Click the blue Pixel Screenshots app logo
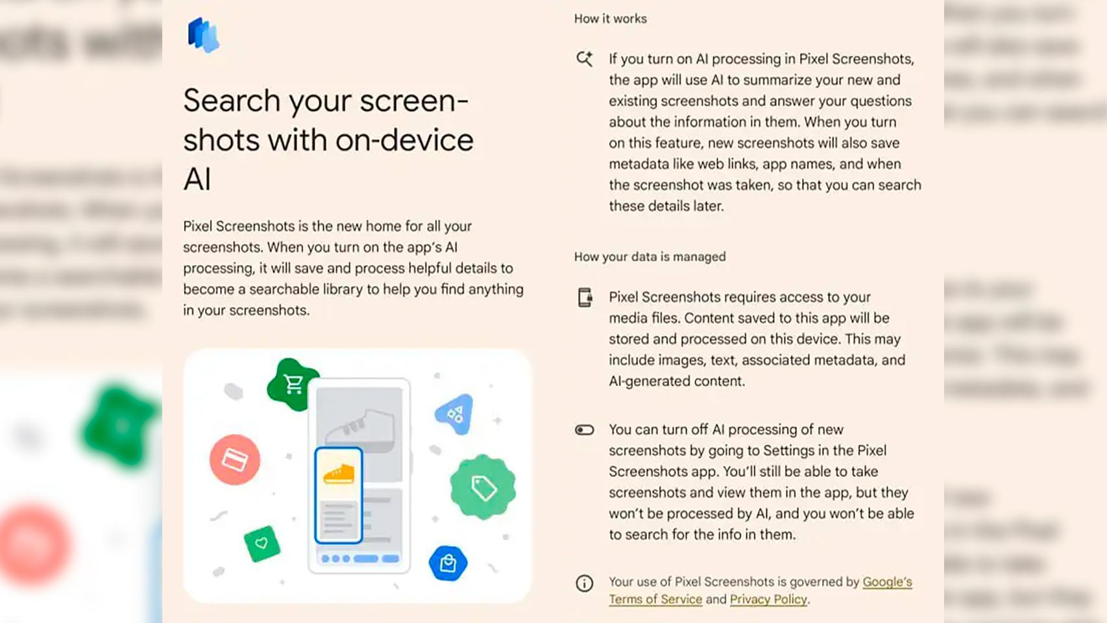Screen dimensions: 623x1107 204,35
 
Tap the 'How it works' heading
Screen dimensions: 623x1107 610,19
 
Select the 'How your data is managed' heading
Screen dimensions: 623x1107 650,257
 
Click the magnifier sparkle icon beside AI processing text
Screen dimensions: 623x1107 585,59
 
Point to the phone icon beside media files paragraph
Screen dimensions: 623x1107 585,297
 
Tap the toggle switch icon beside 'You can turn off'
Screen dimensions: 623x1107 584,430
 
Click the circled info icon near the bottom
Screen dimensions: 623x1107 584,583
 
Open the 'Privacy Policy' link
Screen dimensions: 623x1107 768,600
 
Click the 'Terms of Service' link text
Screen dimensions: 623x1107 655,600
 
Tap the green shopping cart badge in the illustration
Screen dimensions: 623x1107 293,384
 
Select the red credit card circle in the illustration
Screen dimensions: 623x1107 235,460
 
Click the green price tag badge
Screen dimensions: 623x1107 483,487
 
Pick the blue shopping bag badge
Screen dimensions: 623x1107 448,563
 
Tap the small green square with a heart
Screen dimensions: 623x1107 262,543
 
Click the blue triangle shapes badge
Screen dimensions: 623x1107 455,413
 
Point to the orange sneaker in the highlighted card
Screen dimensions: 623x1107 338,474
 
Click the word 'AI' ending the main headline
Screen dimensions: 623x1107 197,180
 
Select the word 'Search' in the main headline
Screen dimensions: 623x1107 232,101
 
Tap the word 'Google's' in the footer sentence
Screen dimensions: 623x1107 887,582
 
